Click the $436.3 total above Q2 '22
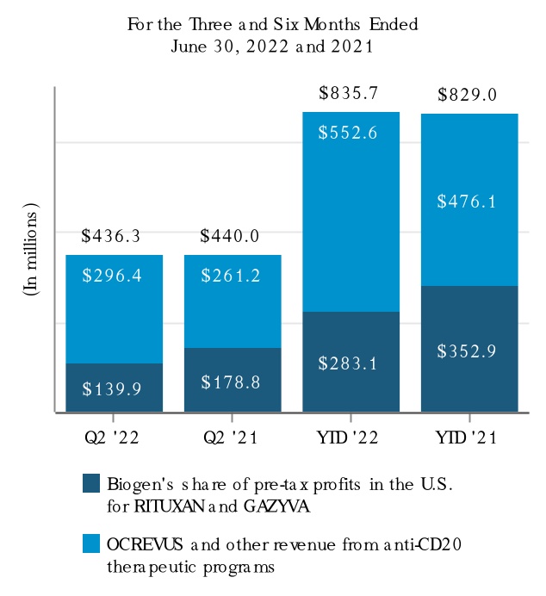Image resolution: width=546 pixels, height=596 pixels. coord(115,235)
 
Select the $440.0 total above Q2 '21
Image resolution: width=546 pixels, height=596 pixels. coord(233,235)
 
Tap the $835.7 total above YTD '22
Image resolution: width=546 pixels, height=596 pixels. coord(351,92)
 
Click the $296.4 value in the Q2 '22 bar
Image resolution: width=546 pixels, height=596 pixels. coord(115,275)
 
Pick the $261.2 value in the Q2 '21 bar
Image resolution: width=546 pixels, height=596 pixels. coord(233,275)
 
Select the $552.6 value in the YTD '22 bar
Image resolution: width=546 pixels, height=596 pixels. coord(351,133)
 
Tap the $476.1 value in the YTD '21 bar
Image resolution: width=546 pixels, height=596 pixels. coord(468,202)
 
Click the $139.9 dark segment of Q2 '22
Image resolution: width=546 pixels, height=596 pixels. coord(115,388)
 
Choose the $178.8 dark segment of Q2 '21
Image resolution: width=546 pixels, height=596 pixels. coord(233,381)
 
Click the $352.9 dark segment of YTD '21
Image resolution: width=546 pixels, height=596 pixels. coord(468,351)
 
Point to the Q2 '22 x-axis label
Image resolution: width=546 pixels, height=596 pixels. coord(115,438)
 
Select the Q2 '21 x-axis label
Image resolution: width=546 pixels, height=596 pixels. coord(233,438)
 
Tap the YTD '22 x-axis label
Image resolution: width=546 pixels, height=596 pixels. coord(351,438)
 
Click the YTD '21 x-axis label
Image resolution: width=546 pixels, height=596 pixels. coord(468,438)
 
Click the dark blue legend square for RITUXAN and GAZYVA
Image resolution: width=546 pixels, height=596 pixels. coord(91,483)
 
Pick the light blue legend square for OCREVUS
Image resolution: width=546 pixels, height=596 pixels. coord(91,543)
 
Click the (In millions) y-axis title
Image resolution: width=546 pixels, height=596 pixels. coord(32,250)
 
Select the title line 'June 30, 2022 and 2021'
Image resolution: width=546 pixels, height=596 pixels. coord(272,47)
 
